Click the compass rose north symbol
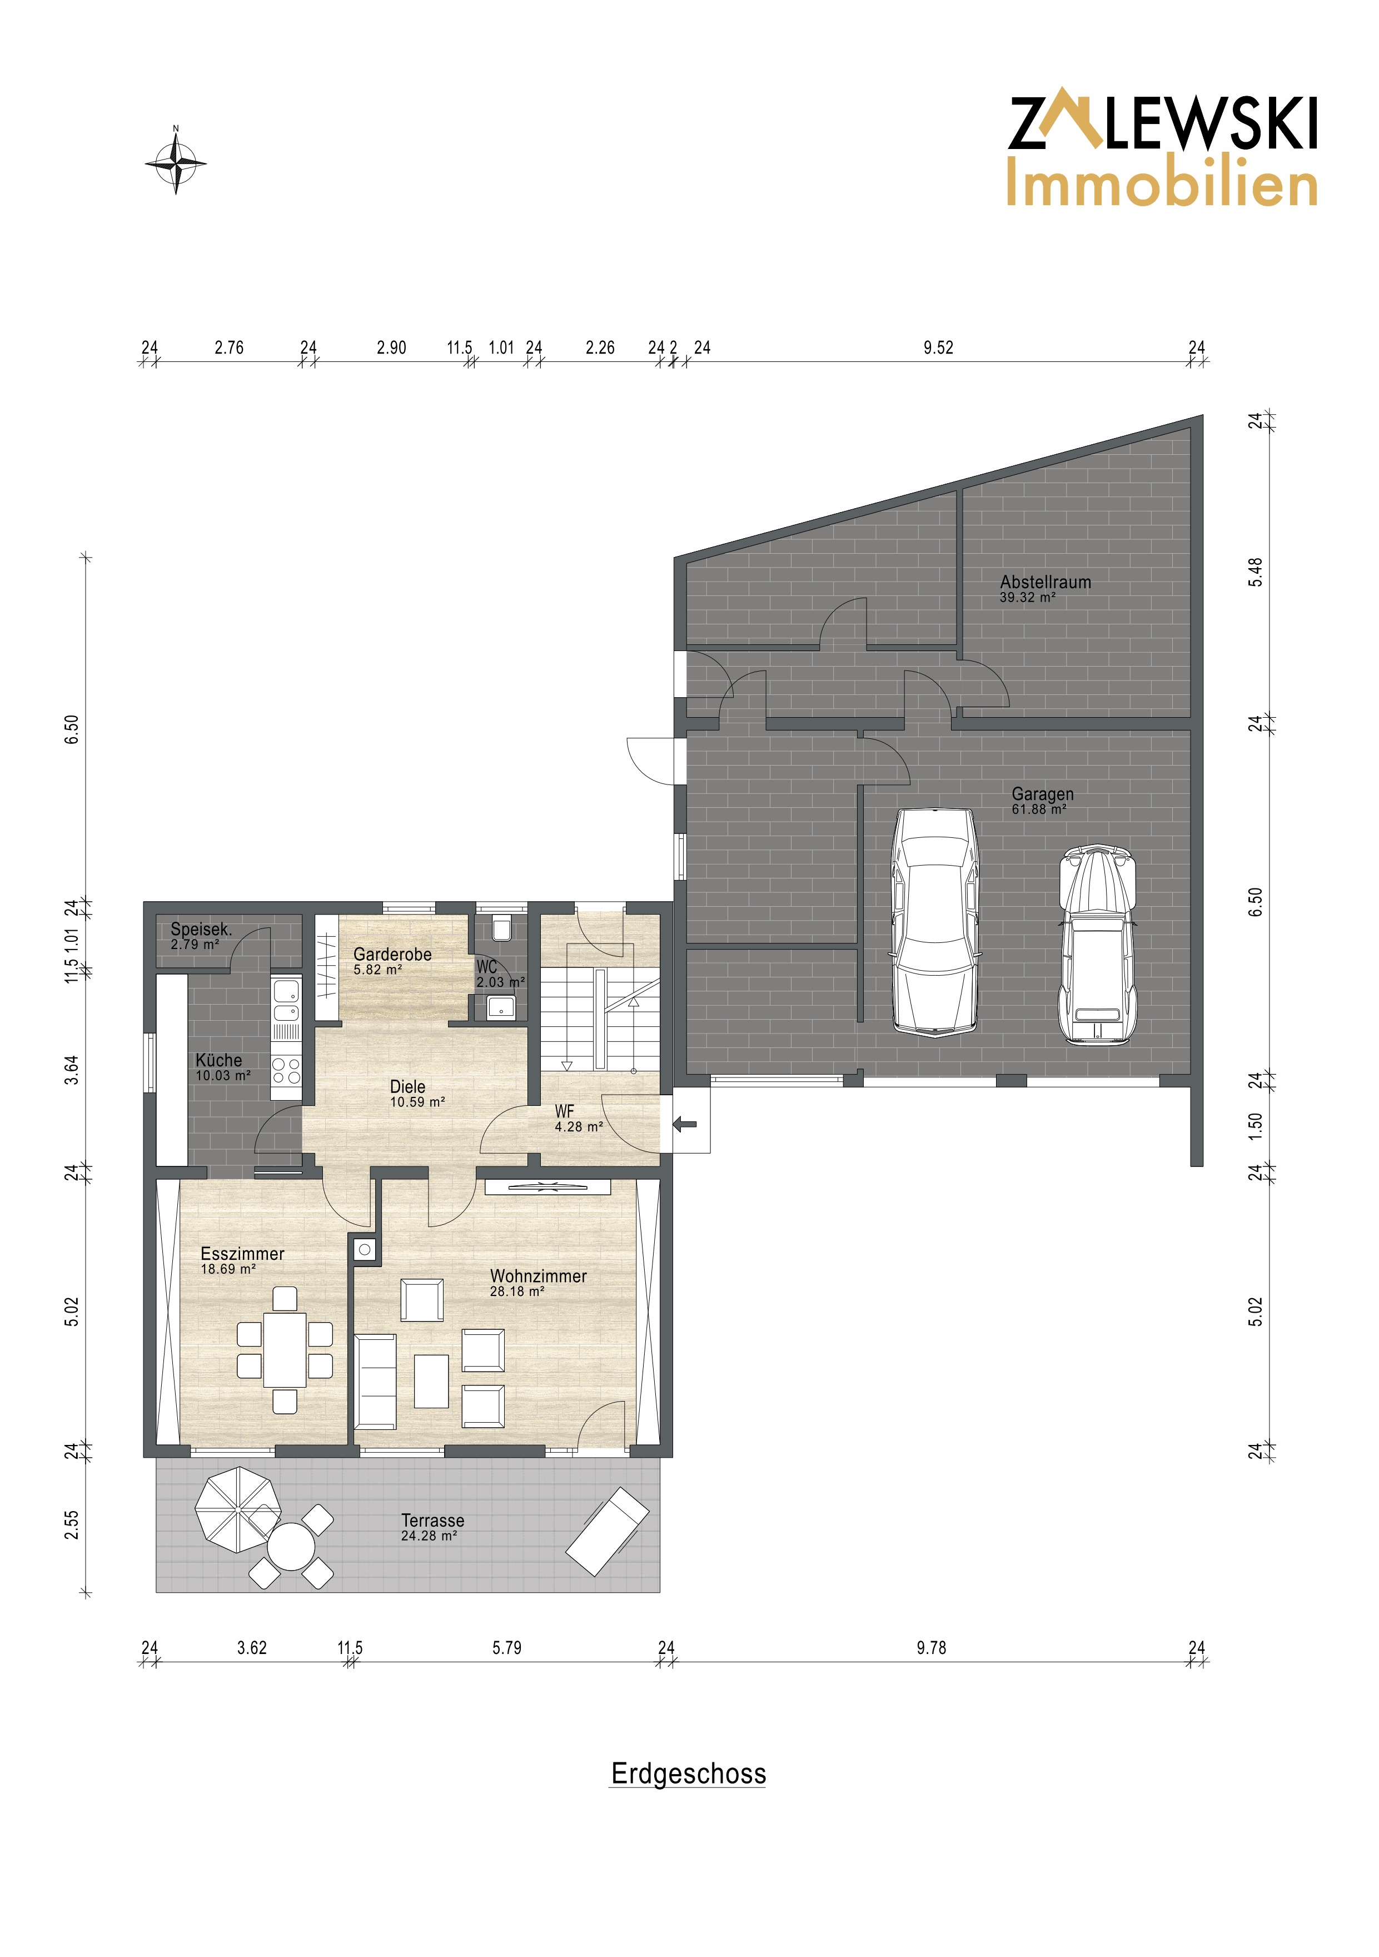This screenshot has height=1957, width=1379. tap(176, 160)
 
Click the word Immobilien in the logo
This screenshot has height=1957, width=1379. tap(1162, 183)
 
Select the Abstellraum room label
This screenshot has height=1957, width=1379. tap(1045, 582)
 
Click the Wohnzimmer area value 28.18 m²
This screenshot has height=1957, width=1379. tap(516, 1292)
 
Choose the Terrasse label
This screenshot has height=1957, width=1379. tap(433, 1521)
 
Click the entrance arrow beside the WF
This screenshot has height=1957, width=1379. tap(684, 1124)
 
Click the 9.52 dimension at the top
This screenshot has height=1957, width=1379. tap(938, 348)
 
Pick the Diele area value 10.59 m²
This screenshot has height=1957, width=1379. tap(417, 1102)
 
